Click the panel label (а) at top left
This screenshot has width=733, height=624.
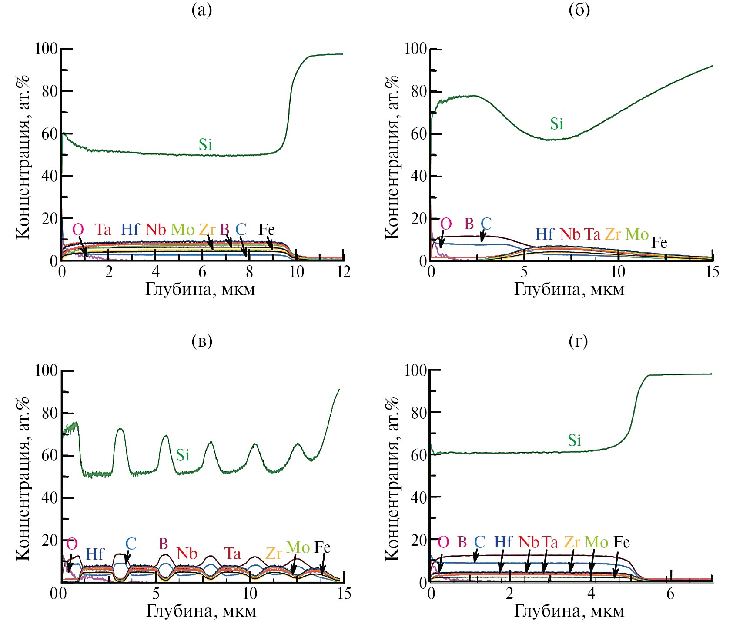coord(202,10)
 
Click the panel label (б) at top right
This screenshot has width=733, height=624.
coord(579,10)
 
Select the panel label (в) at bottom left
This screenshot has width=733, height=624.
coord(202,341)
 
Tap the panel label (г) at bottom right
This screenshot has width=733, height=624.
coord(578,341)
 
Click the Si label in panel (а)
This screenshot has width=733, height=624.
coord(205,145)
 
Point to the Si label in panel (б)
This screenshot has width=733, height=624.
coord(556,124)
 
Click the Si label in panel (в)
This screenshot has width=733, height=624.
coord(183,455)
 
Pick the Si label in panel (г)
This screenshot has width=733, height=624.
coord(574,440)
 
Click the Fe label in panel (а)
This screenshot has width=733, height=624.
coord(267,229)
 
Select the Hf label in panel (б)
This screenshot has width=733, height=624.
coord(544,234)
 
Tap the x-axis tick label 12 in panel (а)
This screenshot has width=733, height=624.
coord(344,272)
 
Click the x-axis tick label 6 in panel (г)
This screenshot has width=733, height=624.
coord(670,594)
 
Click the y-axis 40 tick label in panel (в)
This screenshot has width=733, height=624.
coord(50,498)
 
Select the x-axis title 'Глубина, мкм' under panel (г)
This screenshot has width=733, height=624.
coord(569,611)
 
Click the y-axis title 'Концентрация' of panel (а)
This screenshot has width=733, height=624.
coord(23,157)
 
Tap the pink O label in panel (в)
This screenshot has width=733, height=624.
coord(72,544)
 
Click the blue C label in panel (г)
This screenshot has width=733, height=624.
coord(479,542)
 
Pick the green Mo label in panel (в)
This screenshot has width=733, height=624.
coord(298,547)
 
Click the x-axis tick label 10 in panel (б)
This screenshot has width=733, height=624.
coord(618,272)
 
